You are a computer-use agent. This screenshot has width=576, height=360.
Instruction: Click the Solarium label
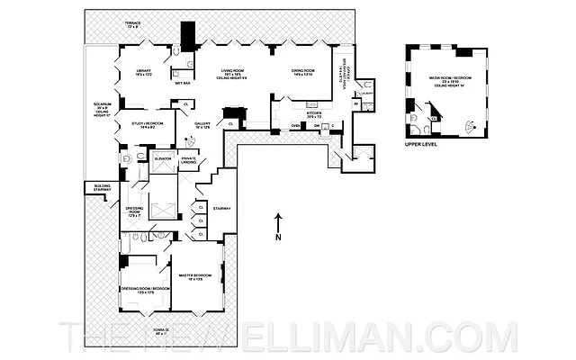coord(101,109)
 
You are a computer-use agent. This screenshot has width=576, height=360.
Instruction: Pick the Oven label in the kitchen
coord(295,126)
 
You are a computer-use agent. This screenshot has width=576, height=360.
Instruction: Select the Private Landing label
coord(189,160)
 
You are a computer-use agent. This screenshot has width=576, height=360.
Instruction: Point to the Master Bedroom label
coord(194,276)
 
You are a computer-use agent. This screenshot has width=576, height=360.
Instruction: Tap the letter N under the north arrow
coord(279,237)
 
